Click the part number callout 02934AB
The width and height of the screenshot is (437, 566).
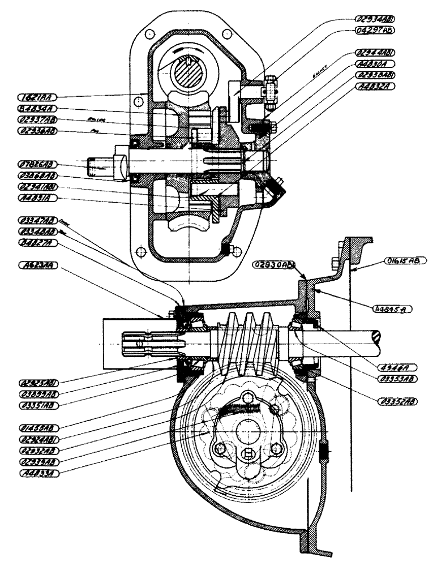(383, 18)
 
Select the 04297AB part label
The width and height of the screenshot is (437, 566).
(383, 29)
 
